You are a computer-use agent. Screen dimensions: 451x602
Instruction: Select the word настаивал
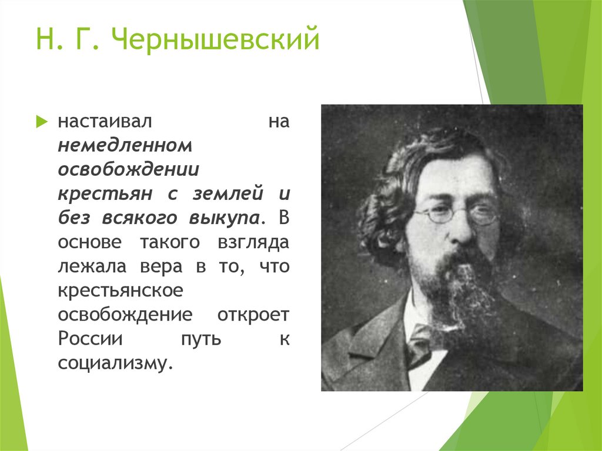(105, 123)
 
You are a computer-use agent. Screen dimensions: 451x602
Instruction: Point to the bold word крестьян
(105, 194)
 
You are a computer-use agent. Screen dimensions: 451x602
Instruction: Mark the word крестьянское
(122, 290)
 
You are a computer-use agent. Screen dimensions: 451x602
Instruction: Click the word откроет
(253, 315)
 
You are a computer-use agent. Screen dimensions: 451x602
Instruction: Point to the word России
(90, 339)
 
